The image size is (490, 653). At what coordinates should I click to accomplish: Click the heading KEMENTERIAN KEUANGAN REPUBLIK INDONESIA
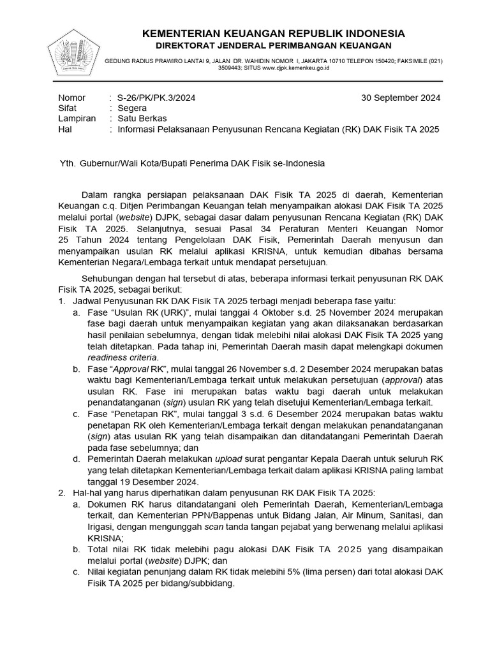click(x=273, y=33)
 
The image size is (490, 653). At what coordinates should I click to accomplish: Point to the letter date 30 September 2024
click(x=400, y=98)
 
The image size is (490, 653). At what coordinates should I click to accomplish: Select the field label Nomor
click(x=71, y=98)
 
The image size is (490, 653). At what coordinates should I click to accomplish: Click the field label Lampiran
click(x=77, y=119)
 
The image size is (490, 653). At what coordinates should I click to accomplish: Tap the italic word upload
click(x=228, y=458)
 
